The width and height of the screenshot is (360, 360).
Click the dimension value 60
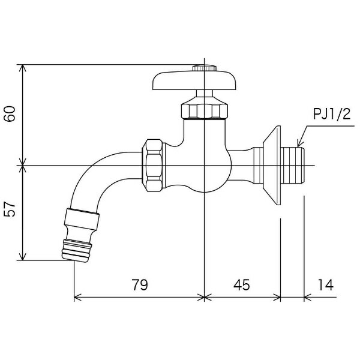10,113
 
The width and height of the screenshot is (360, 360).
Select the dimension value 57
10,209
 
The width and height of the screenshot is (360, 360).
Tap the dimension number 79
140,285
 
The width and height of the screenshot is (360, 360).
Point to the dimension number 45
242,285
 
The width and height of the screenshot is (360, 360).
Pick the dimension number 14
325,285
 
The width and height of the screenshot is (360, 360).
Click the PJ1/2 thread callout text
332,114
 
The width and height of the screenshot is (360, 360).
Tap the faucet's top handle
194,80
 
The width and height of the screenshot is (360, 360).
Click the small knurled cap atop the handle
205,68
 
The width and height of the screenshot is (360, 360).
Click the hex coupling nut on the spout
152,166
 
